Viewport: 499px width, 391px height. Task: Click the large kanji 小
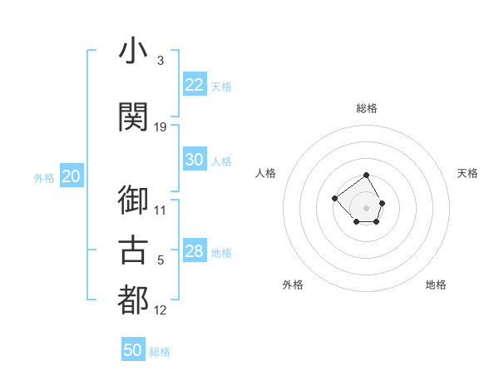point(133,52)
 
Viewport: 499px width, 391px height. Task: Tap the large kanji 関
point(133,117)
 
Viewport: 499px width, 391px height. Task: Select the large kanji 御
point(133,200)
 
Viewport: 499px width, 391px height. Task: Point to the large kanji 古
point(133,250)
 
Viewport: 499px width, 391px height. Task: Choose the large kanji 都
point(133,300)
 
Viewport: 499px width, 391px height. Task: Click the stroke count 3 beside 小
point(161,61)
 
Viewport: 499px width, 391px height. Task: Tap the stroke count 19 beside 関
point(161,126)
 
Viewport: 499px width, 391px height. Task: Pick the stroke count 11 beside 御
point(161,210)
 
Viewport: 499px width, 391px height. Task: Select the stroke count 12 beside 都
point(161,310)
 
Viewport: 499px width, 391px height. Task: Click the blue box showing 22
point(194,85)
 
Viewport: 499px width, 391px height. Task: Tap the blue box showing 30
point(194,160)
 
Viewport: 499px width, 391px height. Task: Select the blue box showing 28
point(194,251)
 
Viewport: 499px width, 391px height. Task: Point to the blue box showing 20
point(72,176)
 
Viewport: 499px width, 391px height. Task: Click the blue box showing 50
point(133,350)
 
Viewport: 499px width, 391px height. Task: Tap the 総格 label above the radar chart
point(367,108)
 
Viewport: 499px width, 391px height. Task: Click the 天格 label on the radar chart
point(467,173)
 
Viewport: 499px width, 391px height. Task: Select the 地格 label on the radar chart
point(436,285)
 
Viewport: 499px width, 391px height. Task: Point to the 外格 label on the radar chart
point(293,285)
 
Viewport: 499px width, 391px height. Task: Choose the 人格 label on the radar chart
point(266,173)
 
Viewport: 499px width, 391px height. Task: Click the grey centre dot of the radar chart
point(367,208)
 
